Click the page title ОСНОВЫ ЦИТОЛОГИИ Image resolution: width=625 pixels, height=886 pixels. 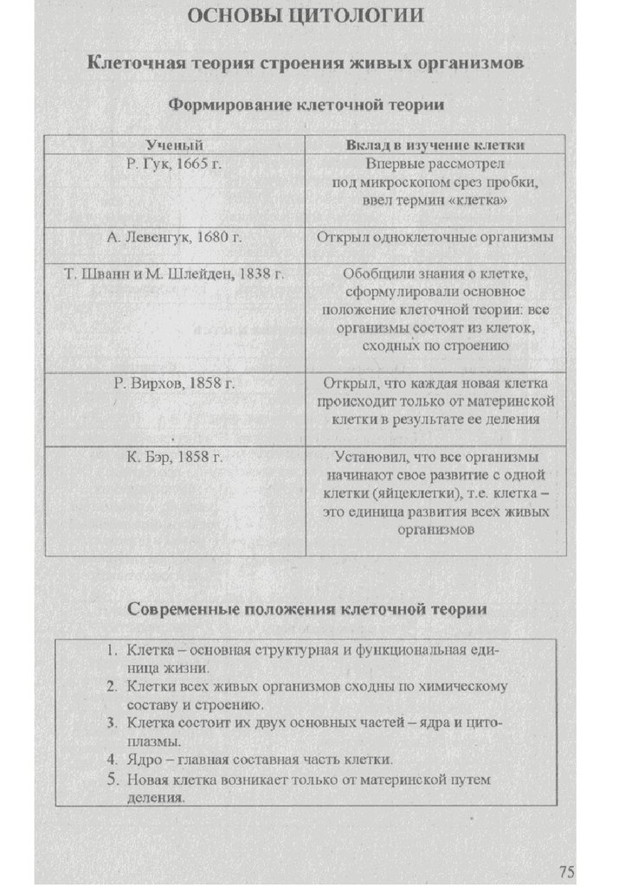(306, 16)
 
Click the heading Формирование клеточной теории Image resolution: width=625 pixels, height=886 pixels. (306, 106)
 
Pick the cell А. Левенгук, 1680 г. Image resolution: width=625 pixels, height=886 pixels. (174, 235)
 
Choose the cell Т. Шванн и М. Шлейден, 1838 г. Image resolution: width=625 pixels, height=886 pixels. (174, 273)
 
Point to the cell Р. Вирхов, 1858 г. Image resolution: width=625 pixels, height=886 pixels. (174, 382)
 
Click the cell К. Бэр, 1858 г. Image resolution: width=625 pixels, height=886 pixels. (174, 456)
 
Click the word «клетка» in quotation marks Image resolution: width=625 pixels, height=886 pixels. (476, 200)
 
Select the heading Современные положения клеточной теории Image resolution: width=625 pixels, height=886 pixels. (306, 609)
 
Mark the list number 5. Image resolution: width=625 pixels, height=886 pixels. (112, 780)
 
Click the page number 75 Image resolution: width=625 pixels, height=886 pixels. (567, 870)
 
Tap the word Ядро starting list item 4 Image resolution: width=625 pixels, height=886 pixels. (144, 760)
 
